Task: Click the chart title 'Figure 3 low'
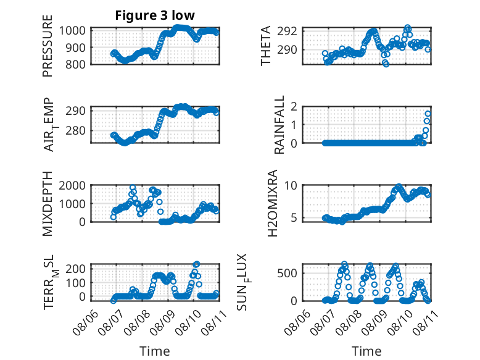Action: [x=155, y=15]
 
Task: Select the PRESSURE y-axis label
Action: [x=48, y=46]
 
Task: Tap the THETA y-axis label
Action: [x=266, y=46]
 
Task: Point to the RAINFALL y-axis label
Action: [x=279, y=125]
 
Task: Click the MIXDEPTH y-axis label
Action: [x=48, y=204]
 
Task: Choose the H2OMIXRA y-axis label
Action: [x=272, y=203]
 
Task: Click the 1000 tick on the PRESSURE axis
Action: [x=72, y=31]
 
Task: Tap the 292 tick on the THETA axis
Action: [x=287, y=31]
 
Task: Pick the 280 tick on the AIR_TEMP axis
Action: [x=75, y=130]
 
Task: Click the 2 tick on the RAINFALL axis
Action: [x=294, y=106]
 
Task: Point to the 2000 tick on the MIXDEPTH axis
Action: [x=72, y=185]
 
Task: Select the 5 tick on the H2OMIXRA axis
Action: [x=294, y=218]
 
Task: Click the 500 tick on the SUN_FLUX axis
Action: [x=287, y=273]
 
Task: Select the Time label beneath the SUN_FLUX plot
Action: [x=366, y=351]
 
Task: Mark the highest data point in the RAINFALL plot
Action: [x=428, y=114]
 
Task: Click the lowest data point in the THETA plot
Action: [x=386, y=64]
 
